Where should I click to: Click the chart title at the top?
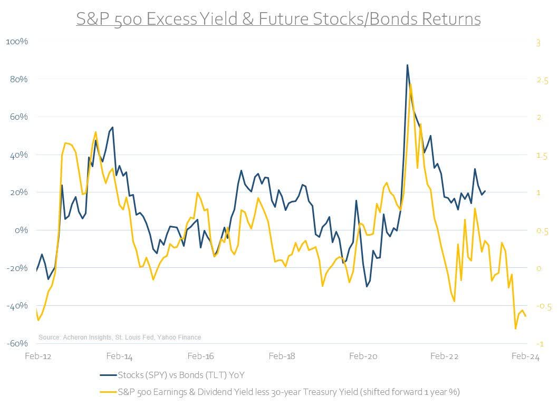(x=278, y=19)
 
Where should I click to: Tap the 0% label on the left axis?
(x=21, y=230)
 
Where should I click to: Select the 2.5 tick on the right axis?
(x=542, y=80)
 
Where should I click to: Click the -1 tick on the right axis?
(x=538, y=344)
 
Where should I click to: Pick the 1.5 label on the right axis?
(x=542, y=156)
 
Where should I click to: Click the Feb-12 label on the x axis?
(x=38, y=356)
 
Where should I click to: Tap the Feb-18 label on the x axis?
(x=282, y=356)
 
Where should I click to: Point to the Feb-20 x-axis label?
(x=363, y=356)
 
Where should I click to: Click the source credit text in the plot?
(x=120, y=337)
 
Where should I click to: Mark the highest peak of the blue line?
(x=407, y=65)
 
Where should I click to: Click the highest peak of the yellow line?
(x=410, y=84)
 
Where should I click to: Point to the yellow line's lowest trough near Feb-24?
(x=515, y=329)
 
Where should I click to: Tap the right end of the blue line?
(x=485, y=191)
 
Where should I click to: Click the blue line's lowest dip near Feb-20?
(x=367, y=286)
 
